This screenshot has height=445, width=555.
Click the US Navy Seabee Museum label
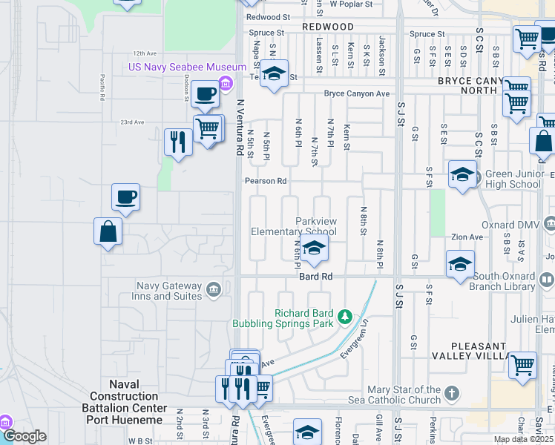177,67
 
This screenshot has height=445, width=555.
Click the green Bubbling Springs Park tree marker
344,317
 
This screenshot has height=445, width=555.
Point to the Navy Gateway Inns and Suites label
168,291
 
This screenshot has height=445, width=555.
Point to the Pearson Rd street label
266,181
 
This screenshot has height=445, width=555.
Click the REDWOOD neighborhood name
328,27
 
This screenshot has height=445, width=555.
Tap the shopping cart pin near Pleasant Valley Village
523,365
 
